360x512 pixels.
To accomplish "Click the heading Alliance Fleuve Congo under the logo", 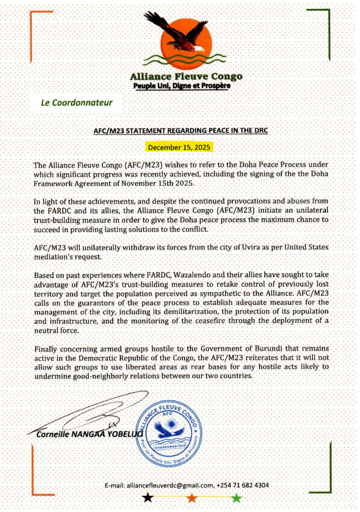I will coord(186,76).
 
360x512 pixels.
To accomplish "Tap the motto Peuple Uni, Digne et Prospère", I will coord(182,86).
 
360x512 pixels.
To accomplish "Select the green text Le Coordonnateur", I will coord(77,103).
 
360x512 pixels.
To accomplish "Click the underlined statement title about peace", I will coord(181,131).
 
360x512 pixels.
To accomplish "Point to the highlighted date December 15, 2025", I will coord(179,147).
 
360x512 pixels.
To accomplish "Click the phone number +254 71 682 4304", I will coord(243,485).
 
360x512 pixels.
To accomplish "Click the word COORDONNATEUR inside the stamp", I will coord(170,446).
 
